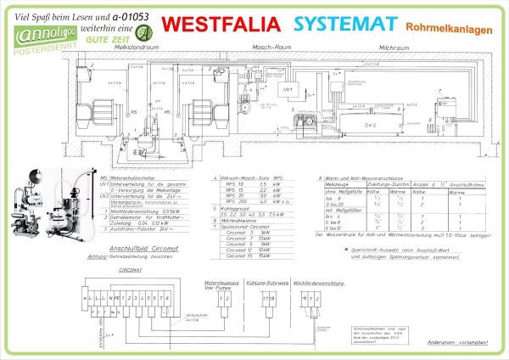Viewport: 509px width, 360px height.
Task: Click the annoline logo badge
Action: coord(30,34)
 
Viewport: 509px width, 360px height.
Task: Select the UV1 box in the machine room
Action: coord(288,88)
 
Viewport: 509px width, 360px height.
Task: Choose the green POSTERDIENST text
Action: coord(33,53)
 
